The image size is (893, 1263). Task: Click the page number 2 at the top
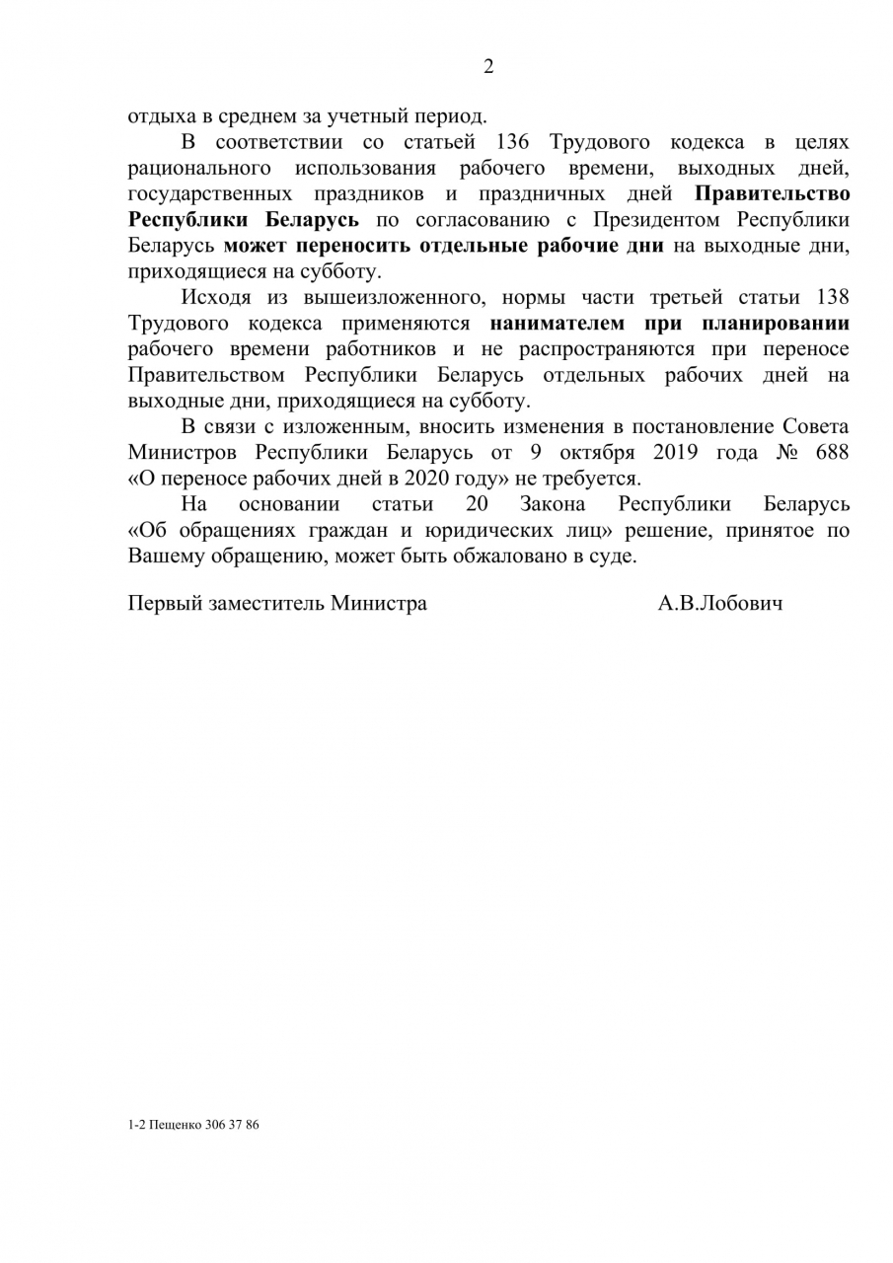click(x=487, y=67)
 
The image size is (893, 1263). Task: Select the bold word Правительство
click(x=773, y=194)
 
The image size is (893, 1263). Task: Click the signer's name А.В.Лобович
click(x=720, y=603)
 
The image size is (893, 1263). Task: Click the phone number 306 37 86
click(x=233, y=1124)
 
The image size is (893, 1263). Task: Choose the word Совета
click(x=815, y=426)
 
